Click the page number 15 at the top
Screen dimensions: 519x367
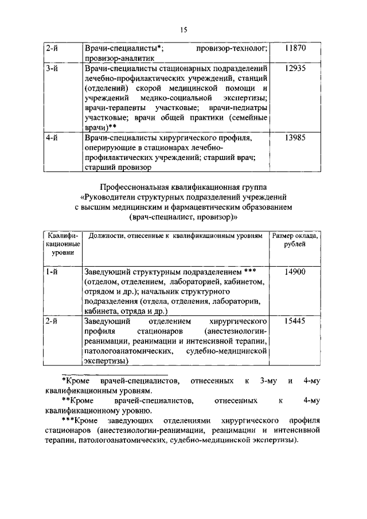coord(183,30)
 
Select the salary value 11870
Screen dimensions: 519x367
coord(295,49)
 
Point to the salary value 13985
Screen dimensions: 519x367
coord(295,138)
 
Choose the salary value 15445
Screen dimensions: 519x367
coord(295,322)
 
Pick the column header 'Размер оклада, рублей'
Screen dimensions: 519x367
coord(295,240)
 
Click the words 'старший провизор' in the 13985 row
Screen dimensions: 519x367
coord(118,168)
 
